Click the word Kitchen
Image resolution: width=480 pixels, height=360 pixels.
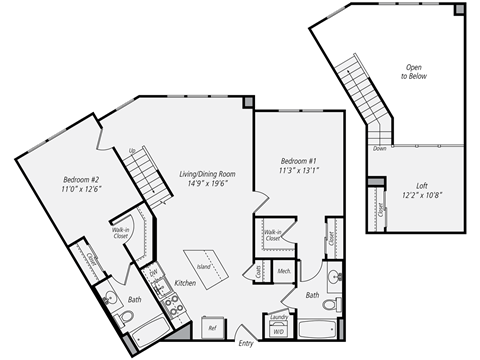[x=186, y=283]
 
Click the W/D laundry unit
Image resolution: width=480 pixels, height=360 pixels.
[x=278, y=334]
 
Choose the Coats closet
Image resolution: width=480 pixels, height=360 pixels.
[x=258, y=270]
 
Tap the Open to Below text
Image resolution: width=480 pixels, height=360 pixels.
[x=411, y=71]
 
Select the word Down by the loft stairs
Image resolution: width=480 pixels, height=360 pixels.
[x=379, y=148]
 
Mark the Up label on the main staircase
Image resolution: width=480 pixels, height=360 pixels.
[x=131, y=151]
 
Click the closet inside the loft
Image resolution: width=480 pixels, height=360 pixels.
[x=381, y=210]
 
